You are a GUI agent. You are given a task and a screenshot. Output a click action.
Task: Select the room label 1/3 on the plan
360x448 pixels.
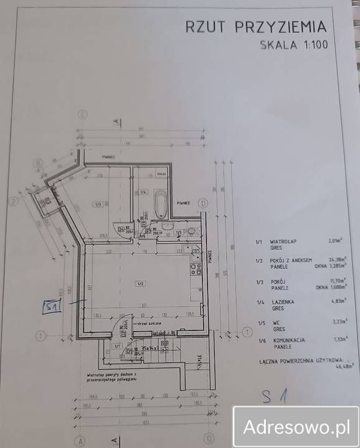98,204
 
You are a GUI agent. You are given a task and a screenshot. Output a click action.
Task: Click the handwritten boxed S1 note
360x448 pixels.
52,307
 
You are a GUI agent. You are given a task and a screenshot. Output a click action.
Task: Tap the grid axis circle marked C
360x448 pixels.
81,114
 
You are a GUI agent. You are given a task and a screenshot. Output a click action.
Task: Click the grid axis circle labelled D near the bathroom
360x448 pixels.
202,202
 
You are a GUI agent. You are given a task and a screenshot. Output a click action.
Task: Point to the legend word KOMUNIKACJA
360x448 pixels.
287,340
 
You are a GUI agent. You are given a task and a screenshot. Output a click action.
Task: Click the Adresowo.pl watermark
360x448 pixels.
295,427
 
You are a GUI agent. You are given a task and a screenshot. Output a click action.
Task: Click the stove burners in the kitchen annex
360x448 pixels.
194,270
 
